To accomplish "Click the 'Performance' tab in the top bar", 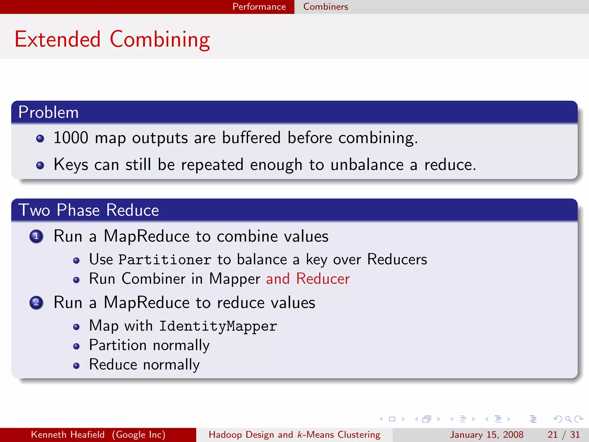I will click(259, 7).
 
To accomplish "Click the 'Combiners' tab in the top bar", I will click(326, 7).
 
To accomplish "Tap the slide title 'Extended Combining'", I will click(112, 39).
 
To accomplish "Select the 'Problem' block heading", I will click(48, 112).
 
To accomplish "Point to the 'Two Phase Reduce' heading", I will click(89, 210).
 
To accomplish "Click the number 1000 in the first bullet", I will click(71, 138).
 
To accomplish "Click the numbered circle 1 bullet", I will click(36, 236).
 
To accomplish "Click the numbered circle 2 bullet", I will click(36, 302).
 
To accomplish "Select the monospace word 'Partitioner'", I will click(165, 260).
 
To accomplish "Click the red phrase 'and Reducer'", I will click(308, 279).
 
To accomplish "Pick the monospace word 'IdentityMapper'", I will click(218, 326).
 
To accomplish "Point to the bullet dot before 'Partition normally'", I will click(76, 346).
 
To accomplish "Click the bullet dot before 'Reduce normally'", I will click(76, 365).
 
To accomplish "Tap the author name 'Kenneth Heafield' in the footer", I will click(68, 435).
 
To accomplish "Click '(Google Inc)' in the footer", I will click(139, 435).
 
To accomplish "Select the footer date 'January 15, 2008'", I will click(486, 435).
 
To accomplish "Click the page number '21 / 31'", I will click(563, 435).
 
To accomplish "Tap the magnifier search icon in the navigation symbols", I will click(568, 419).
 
